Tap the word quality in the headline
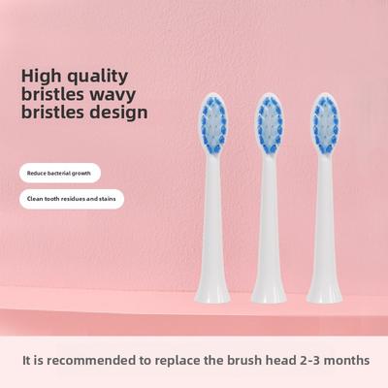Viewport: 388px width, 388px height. (108, 74)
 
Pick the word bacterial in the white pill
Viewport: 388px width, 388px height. (61, 173)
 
